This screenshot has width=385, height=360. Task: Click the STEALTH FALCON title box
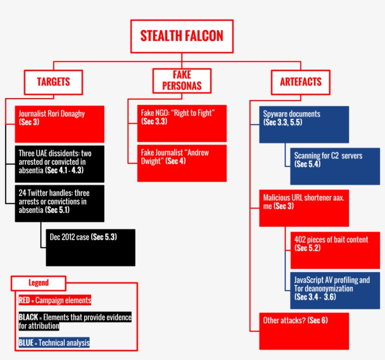pyautogui.click(x=182, y=36)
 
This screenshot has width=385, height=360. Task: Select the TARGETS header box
pyautogui.click(x=54, y=82)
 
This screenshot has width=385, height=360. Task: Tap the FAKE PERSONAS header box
pyautogui.click(x=181, y=81)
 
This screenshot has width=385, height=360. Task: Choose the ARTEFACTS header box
pyautogui.click(x=300, y=82)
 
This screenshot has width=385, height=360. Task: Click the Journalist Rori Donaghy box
pyautogui.click(x=60, y=124)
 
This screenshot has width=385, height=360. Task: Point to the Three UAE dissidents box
pyautogui.click(x=60, y=164)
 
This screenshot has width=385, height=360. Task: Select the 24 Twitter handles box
pyautogui.click(x=60, y=203)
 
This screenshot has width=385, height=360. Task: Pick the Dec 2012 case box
pyautogui.click(x=90, y=247)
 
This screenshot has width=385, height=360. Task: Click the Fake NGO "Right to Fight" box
pyautogui.click(x=182, y=123)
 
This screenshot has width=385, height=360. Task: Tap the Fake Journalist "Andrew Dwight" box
pyautogui.click(x=182, y=163)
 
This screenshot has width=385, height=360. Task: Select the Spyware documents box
pyautogui.click(x=304, y=124)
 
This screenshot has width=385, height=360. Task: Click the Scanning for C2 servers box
pyautogui.click(x=335, y=166)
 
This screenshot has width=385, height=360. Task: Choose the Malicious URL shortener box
pyautogui.click(x=304, y=208)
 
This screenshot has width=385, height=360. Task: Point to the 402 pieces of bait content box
pyautogui.click(x=335, y=250)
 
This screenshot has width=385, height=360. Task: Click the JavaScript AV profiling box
pyautogui.click(x=335, y=290)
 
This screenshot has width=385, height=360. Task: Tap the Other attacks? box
pyautogui.click(x=304, y=331)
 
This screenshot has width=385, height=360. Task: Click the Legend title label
pyautogui.click(x=38, y=283)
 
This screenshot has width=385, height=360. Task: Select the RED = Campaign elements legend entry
pyautogui.click(x=54, y=300)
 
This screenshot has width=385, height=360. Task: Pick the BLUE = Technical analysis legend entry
pyautogui.click(x=54, y=343)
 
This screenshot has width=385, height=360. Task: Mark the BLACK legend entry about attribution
pyautogui.click(x=75, y=322)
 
